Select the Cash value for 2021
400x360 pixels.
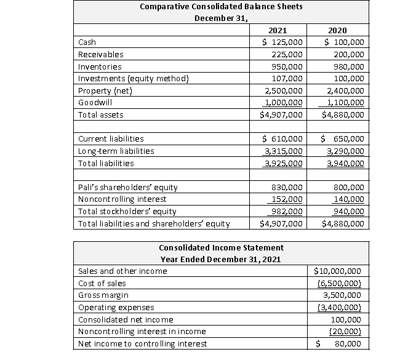coord(282,42)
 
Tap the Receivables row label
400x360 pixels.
coord(100,54)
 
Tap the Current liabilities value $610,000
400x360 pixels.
coord(282,138)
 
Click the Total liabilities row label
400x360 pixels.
coord(105,163)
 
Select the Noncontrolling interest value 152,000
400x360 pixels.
coord(286,199)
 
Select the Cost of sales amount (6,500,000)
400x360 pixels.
coord(338,283)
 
